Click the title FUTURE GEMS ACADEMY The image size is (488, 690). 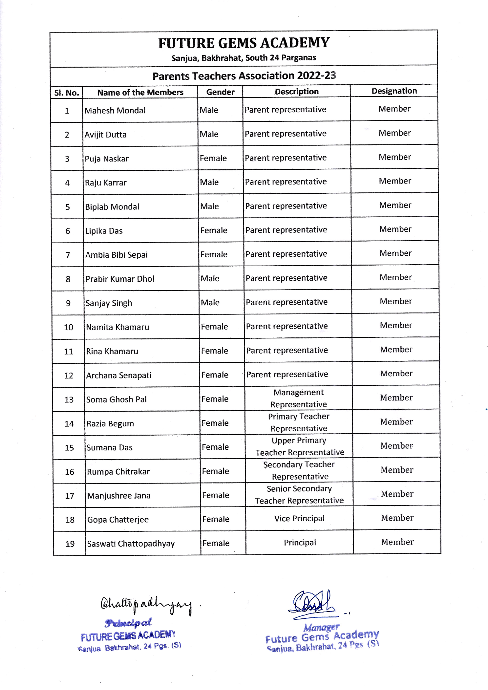(x=244, y=43)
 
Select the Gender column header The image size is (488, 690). (x=220, y=92)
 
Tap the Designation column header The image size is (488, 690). (x=394, y=91)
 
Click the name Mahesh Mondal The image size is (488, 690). (x=115, y=111)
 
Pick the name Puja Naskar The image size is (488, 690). (x=106, y=159)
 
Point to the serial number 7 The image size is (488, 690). (x=68, y=255)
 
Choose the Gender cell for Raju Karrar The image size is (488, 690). (x=209, y=182)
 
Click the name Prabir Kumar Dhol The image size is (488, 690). (x=120, y=279)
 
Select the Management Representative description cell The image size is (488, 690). (x=298, y=398)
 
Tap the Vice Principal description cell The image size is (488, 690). (x=299, y=519)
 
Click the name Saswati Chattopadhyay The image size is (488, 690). (x=131, y=544)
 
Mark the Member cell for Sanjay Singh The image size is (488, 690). (x=396, y=301)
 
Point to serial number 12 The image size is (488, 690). (x=69, y=376)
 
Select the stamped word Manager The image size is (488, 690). (x=321, y=628)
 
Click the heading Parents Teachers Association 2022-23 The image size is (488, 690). (x=244, y=76)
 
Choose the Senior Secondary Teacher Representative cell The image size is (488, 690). (x=299, y=495)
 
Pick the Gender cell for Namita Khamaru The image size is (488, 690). (x=214, y=327)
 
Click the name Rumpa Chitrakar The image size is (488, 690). (x=118, y=472)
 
